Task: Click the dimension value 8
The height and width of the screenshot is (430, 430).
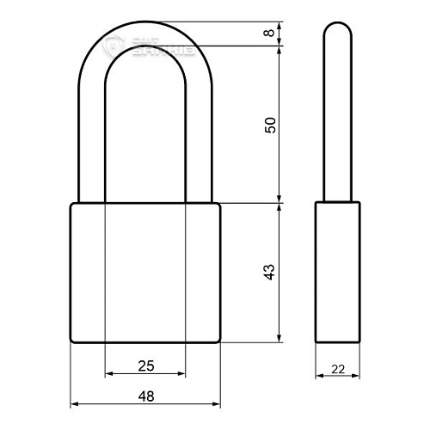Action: click(x=270, y=34)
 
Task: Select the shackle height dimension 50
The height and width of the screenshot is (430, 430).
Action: click(x=270, y=125)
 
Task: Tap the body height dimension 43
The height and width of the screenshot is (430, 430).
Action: click(x=270, y=273)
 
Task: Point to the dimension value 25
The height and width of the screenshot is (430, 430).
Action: click(x=145, y=366)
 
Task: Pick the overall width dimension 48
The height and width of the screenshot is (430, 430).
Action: click(x=145, y=396)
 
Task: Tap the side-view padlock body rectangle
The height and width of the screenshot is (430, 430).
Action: click(x=336, y=273)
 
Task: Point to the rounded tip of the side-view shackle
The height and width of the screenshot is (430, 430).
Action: click(x=336, y=34)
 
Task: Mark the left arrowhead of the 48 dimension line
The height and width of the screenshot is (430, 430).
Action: click(x=74, y=403)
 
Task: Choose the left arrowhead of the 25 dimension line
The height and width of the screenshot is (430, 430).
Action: click(x=109, y=375)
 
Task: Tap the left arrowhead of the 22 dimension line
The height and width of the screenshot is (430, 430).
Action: click(x=319, y=375)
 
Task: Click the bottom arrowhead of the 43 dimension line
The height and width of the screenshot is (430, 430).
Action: click(x=279, y=338)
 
